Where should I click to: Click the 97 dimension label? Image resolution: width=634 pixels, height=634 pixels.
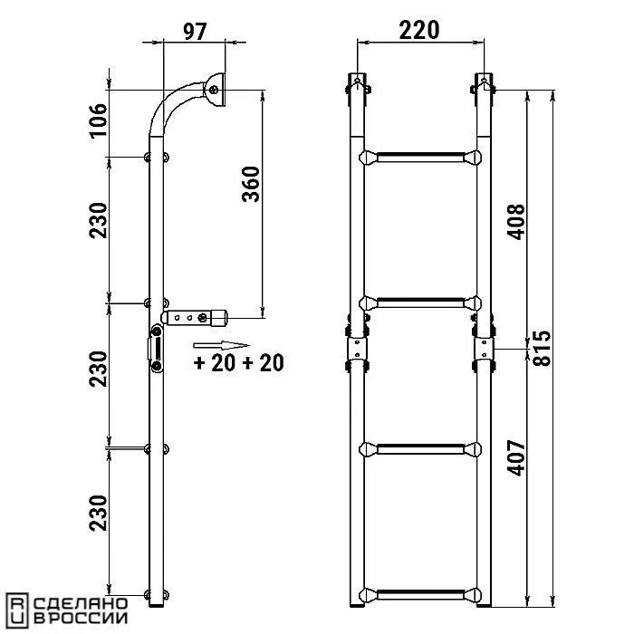195,32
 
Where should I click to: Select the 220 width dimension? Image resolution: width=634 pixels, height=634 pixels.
418,31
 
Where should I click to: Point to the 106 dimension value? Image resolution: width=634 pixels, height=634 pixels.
99,121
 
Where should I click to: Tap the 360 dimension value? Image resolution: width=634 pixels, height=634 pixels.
251,184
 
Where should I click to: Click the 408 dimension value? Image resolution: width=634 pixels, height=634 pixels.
516,222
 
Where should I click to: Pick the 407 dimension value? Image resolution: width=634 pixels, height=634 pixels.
516,458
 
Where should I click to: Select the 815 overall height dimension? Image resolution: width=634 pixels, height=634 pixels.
542,349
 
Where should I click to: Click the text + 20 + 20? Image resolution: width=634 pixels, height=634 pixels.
238,363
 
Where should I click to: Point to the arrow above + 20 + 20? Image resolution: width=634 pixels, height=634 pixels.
221,345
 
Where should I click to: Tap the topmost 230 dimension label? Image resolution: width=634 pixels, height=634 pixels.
99,220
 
